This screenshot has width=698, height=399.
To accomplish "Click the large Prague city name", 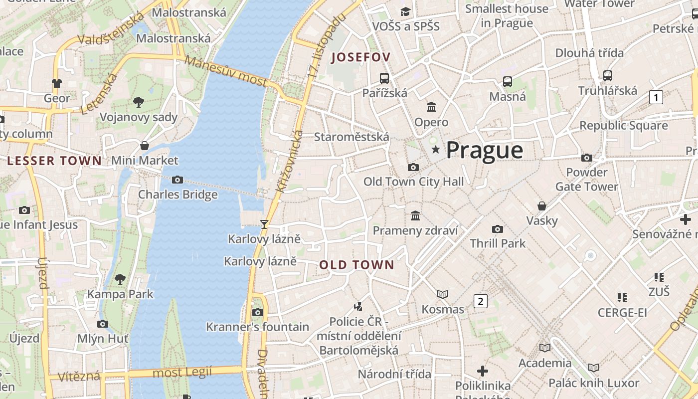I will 484,150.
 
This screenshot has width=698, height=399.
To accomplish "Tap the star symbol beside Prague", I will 436,150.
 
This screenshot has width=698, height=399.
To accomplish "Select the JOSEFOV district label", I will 360,57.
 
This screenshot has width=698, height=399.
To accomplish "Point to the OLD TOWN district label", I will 356,265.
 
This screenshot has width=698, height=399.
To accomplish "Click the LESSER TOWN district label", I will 54,161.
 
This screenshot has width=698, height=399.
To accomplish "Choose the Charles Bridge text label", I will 177,194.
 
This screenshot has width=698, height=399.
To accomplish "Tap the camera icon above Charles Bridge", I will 177,180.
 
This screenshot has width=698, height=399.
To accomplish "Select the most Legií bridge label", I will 182,372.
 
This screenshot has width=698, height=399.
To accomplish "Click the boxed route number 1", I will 656,97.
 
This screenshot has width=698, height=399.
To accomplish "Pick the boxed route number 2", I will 480,301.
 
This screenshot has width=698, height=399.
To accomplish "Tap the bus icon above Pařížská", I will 384,78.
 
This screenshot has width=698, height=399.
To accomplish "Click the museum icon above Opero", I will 431,107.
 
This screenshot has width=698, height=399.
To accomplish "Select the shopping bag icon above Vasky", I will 541,205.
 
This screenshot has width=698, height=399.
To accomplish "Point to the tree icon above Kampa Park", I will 120,279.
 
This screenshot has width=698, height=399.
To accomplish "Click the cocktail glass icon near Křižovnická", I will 264,224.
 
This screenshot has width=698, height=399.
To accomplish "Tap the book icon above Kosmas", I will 442,294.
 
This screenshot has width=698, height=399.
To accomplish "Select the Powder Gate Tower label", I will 587,179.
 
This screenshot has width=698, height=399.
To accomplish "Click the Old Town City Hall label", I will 413,182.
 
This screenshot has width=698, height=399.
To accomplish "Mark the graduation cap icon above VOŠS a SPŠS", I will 405,11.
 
